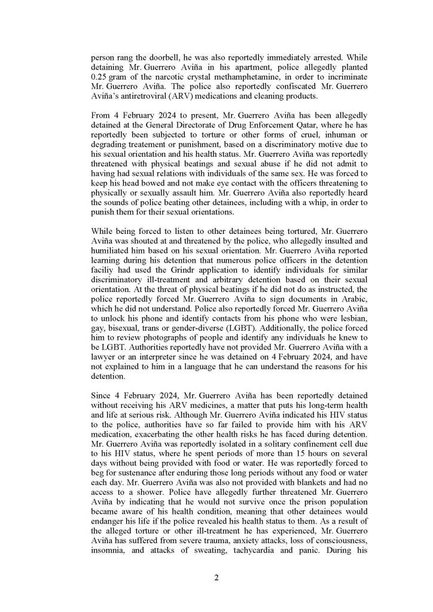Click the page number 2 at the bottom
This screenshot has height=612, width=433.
216,578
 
